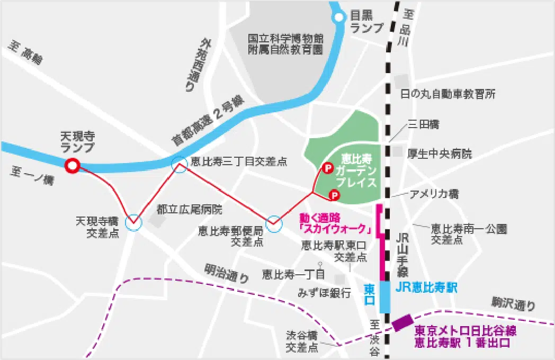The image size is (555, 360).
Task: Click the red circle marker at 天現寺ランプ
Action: tap(71, 166)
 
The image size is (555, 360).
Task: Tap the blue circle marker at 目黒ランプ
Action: tap(338, 18)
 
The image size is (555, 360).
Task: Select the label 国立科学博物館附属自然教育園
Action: tap(286, 44)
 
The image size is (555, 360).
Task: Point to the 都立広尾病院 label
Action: tap(190, 210)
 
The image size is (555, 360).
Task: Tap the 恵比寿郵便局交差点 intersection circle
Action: tap(274, 224)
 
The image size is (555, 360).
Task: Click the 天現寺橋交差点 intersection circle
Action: tap(133, 223)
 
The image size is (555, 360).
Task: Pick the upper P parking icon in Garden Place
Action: tap(327, 168)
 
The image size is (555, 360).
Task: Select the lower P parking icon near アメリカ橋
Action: tap(334, 196)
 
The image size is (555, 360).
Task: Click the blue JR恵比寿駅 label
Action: tap(426, 288)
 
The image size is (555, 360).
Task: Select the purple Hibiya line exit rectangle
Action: tap(402, 322)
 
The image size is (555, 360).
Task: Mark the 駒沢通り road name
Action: tap(513, 304)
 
